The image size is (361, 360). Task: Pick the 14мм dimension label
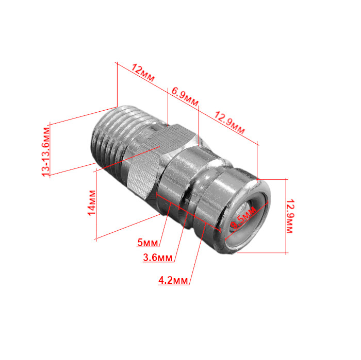pyautogui.click(x=91, y=202)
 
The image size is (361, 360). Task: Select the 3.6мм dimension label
pyautogui.click(x=158, y=258)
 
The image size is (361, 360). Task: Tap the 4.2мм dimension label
pyautogui.click(x=173, y=281)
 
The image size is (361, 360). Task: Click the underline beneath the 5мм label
pyautogui.click(x=149, y=248)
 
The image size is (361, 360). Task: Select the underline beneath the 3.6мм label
pyautogui.click(x=158, y=263)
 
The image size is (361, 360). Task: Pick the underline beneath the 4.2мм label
pyautogui.click(x=174, y=285)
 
